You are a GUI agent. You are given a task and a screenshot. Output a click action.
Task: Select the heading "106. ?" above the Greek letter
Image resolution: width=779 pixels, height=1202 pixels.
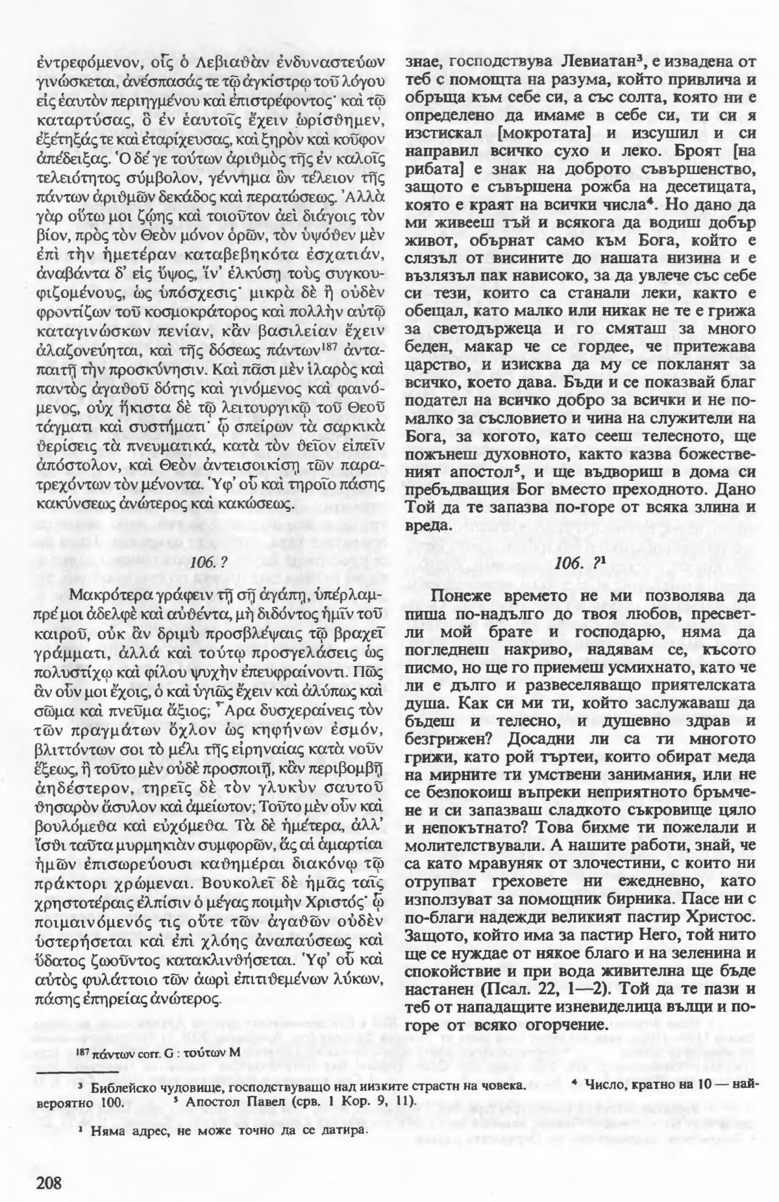tap(212, 563)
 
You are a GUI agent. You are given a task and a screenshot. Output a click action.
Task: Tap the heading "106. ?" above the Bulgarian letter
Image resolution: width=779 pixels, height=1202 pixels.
tap(580, 563)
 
